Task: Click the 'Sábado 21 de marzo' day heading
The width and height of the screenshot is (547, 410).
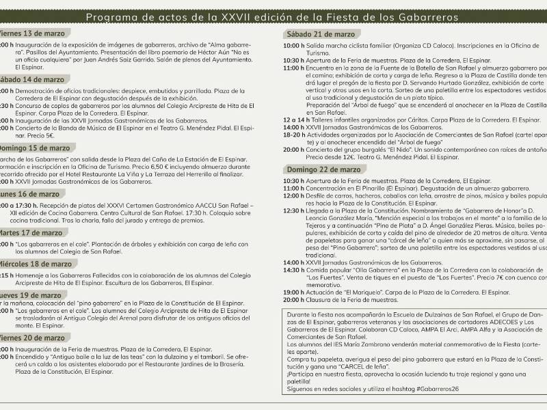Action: click(321, 33)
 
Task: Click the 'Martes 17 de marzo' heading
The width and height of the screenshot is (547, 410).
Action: click(32, 232)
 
